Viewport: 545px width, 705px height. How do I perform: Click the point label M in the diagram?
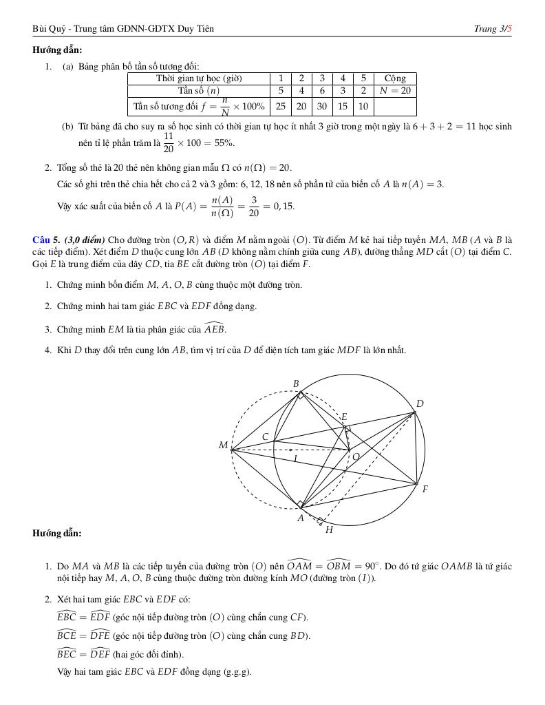(x=223, y=445)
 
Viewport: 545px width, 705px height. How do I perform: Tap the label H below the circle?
(x=329, y=529)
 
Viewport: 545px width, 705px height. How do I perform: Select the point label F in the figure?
(x=425, y=490)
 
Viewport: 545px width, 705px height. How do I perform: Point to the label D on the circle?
(x=420, y=404)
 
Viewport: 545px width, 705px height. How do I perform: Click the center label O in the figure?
(x=356, y=456)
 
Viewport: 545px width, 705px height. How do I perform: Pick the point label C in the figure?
(x=265, y=436)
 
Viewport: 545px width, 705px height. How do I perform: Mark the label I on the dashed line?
(x=295, y=458)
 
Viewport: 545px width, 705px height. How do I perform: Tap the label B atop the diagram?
(x=296, y=384)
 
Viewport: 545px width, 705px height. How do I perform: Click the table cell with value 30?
(x=322, y=107)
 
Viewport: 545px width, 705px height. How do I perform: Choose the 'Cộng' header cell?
(x=395, y=78)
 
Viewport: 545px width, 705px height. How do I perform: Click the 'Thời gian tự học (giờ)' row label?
(x=199, y=78)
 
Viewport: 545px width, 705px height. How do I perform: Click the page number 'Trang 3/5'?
(x=493, y=28)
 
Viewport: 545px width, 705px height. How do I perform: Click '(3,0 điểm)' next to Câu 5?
(x=85, y=240)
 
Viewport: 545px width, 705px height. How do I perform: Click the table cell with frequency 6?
(x=322, y=90)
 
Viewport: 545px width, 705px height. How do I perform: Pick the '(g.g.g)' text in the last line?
(x=238, y=672)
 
